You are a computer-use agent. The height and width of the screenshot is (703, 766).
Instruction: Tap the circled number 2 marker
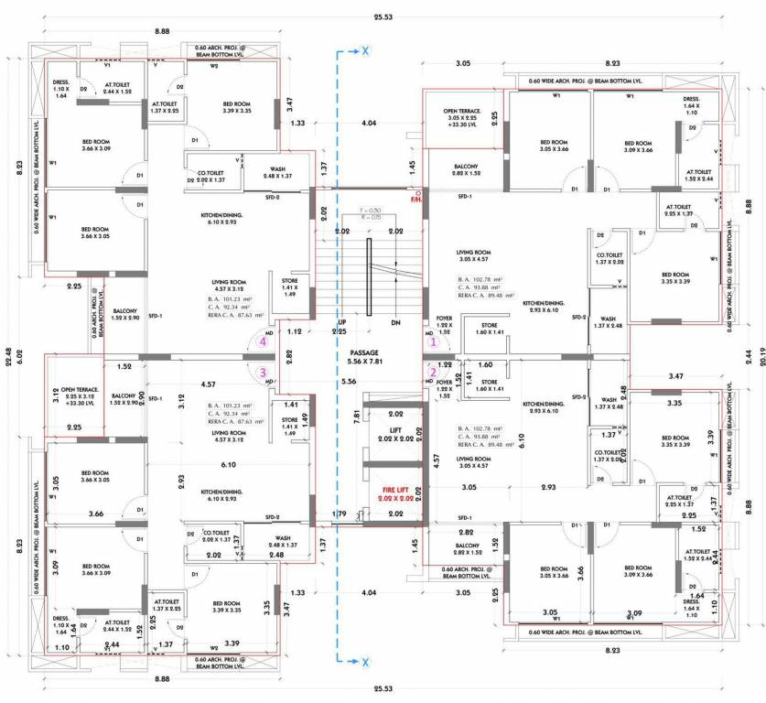[435, 372]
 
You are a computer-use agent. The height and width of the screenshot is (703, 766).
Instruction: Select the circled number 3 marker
[263, 372]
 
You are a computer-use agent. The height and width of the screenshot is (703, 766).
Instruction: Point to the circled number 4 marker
[263, 341]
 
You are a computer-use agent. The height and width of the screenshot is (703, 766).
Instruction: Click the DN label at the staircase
[395, 324]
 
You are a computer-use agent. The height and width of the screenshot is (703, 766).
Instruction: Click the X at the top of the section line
[363, 51]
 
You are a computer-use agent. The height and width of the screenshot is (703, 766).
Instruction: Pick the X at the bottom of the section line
[363, 661]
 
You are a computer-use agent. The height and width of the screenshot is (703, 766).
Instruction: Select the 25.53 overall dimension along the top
[383, 16]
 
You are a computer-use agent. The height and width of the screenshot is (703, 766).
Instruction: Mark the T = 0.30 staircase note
[364, 210]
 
